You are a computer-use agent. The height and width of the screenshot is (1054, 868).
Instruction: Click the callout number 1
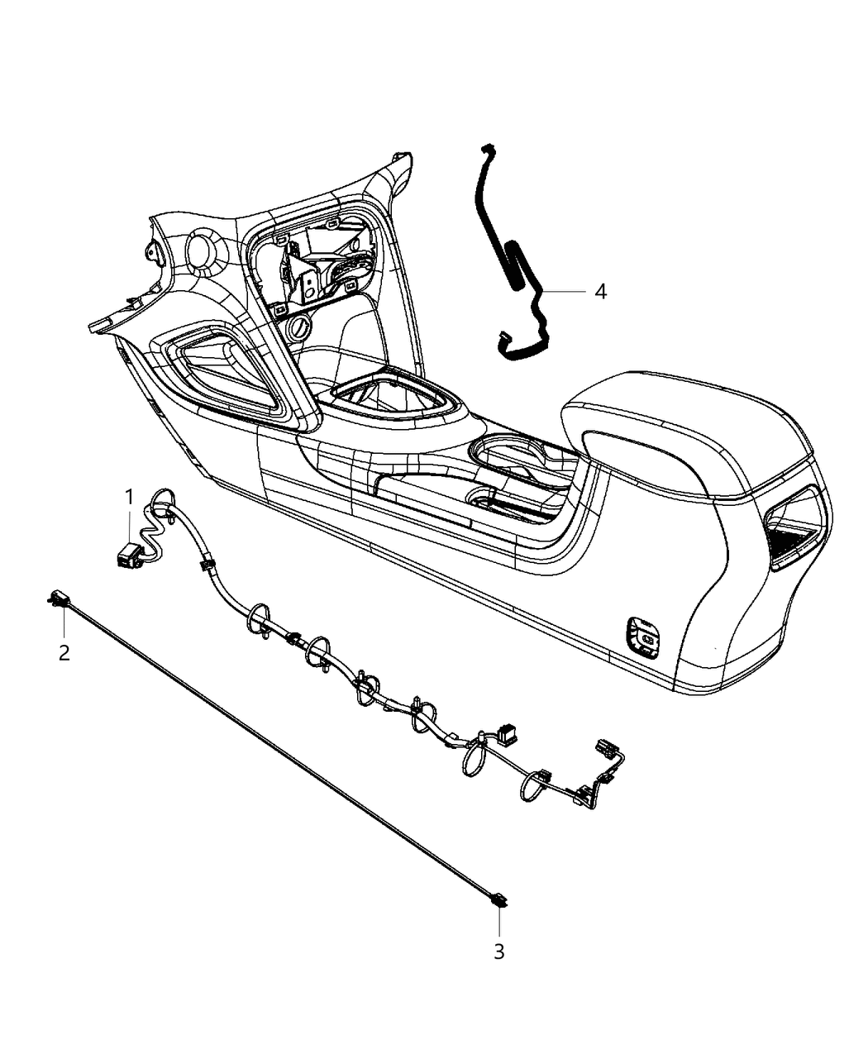(129, 496)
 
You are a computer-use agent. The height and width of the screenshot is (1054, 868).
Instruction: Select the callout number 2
(64, 652)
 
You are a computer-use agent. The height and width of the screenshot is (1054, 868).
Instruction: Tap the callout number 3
(498, 951)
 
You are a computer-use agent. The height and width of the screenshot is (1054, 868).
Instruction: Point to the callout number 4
(600, 291)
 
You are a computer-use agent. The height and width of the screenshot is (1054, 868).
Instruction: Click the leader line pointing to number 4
(566, 291)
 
